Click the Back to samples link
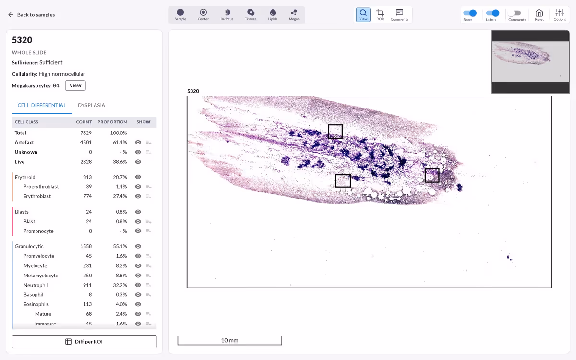pyautogui.click(x=31, y=15)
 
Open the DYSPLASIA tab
pyautogui.click(x=91, y=105)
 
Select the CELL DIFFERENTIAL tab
pyautogui.click(x=42, y=105)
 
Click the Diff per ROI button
pyautogui.click(x=84, y=341)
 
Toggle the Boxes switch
pyautogui.click(x=470, y=13)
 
